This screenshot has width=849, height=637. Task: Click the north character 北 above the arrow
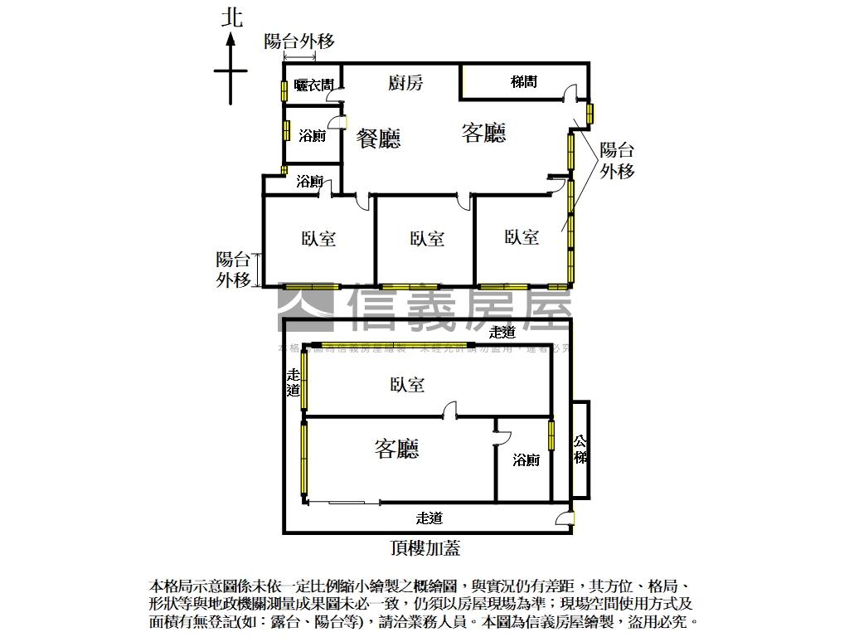pos(231,18)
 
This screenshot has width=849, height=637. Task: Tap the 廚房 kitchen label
pos(405,83)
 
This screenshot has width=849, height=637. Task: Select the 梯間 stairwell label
pos(523,81)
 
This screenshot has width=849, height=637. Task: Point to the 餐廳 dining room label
pos(379,138)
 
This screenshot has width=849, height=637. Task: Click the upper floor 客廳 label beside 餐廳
pos(483,133)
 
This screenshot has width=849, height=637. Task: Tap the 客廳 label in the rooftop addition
pos(396,450)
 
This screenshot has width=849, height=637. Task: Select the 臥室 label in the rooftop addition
pos(406,385)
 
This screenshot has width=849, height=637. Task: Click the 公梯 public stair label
pos(581,450)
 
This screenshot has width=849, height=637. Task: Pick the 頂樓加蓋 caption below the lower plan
pos(424,547)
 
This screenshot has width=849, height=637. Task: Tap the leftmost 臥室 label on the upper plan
pos(318,239)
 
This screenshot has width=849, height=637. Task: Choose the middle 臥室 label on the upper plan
pos(427,239)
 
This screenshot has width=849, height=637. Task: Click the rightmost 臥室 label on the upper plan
pos(522,237)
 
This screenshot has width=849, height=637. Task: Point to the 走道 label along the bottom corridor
pos(429,518)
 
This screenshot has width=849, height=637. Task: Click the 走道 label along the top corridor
pos(502,333)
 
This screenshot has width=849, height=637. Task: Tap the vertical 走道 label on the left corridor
pos(293,382)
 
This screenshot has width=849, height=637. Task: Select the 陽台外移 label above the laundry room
pos(299,41)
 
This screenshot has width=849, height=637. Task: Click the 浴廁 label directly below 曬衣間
pos(312,136)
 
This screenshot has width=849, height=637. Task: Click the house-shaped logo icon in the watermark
pos(306,304)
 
